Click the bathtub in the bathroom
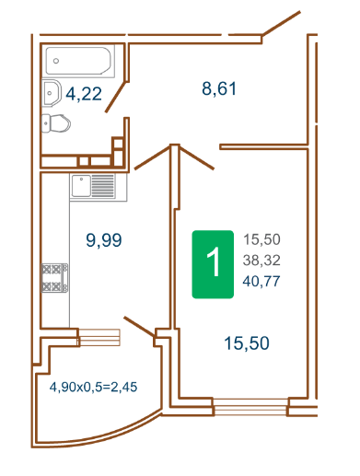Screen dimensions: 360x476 (x=80, y=61)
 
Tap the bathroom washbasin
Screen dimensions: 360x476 (x=51, y=93)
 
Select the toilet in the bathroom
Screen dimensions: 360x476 (x=55, y=123)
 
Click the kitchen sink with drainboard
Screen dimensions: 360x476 (x=99, y=187)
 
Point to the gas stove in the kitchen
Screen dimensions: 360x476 (x=55, y=278)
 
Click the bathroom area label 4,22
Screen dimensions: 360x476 (x=84, y=94)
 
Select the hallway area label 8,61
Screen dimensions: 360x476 (x=219, y=88)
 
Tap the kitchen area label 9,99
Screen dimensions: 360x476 (x=104, y=240)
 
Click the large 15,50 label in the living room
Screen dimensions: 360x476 (x=247, y=343)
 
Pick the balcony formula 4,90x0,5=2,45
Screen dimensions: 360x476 (x=93, y=387)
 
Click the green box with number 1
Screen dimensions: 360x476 (x=213, y=264)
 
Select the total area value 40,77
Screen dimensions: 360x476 (x=261, y=281)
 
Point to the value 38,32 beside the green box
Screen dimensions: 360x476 (x=261, y=261)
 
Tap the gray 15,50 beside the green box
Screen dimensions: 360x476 (x=261, y=239)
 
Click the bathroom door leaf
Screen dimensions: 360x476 (x=116, y=97)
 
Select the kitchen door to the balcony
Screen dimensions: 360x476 (x=140, y=327)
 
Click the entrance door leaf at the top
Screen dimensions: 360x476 (x=281, y=23)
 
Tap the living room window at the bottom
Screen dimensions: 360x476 (x=250, y=407)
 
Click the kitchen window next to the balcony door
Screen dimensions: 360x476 (x=99, y=337)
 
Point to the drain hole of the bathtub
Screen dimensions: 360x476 (x=56, y=61)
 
